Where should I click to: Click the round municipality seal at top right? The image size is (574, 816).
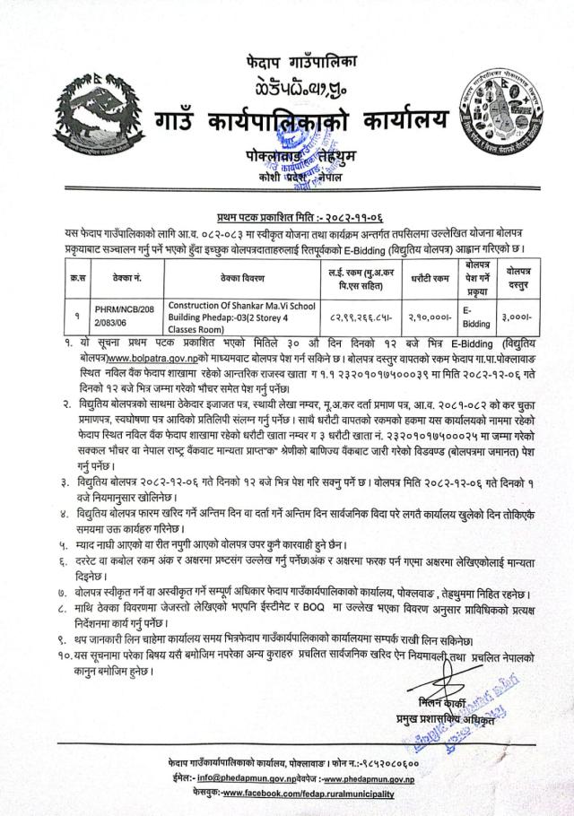500,116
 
